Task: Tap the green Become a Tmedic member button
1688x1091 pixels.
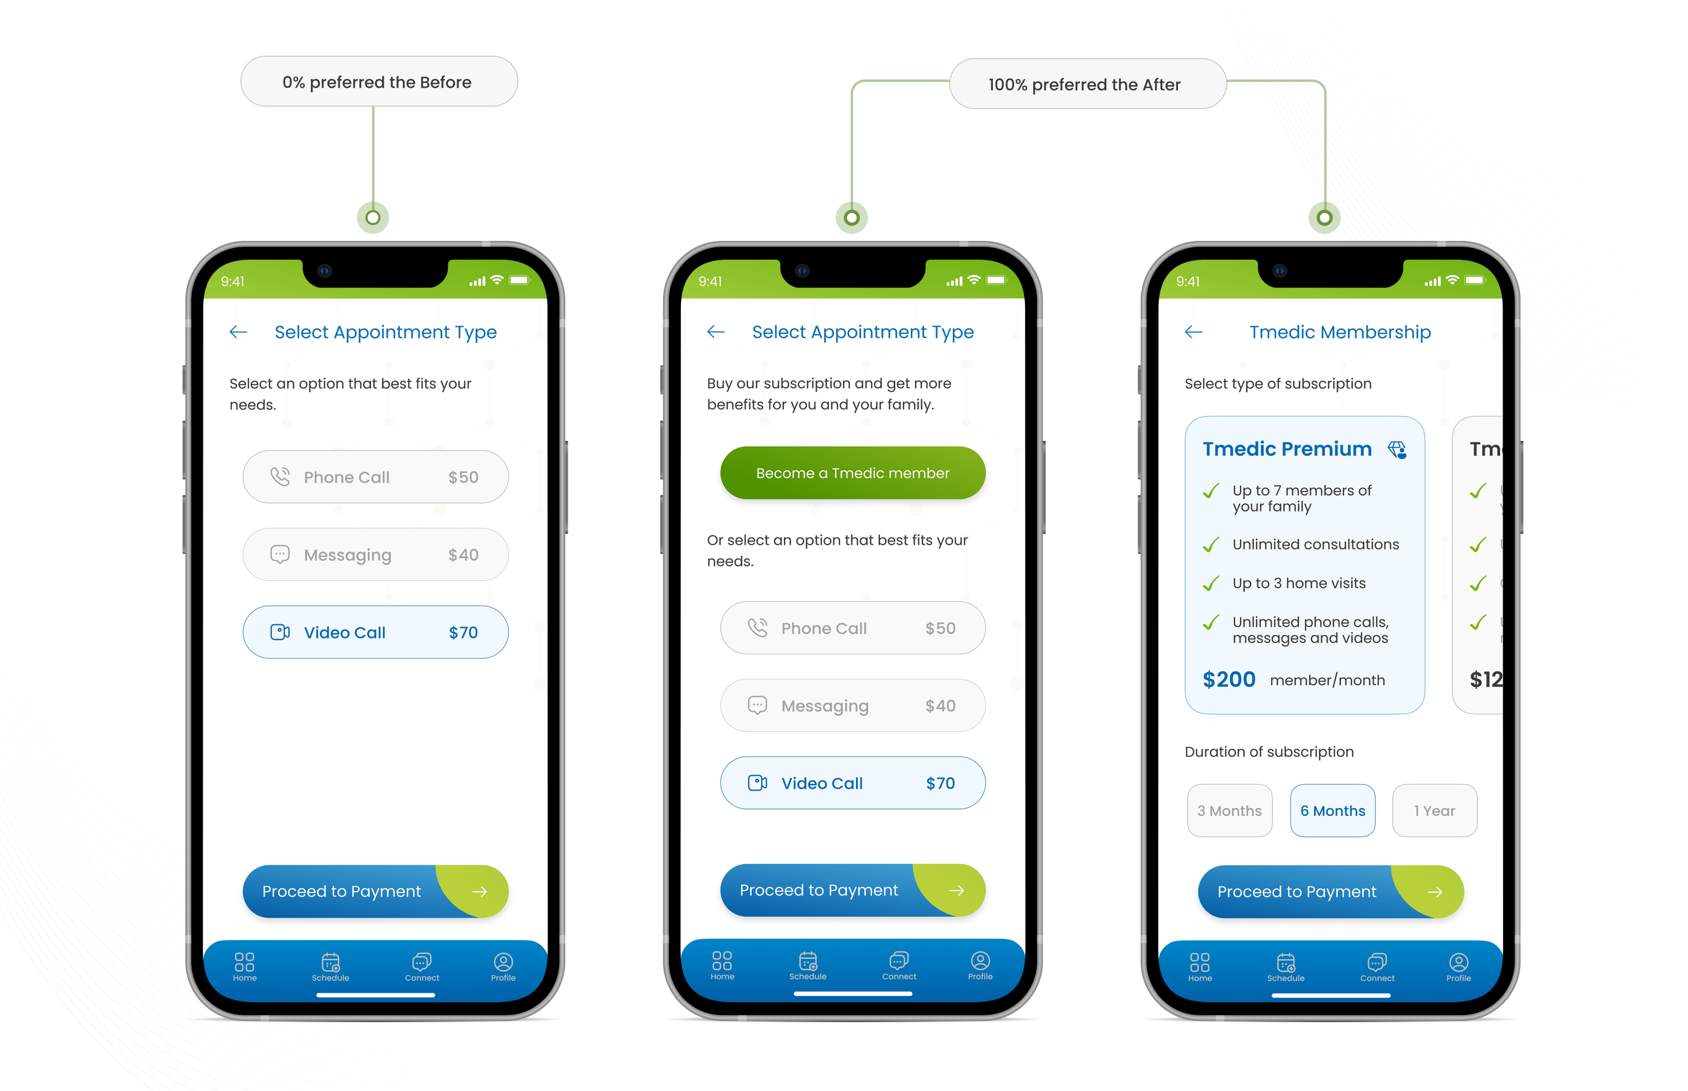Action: (x=852, y=473)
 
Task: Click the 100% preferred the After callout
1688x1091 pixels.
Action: (x=1087, y=84)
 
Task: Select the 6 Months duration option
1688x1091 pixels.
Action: (x=1332, y=810)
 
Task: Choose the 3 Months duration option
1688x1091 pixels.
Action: (x=1229, y=810)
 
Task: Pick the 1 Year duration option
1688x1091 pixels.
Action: (x=1434, y=810)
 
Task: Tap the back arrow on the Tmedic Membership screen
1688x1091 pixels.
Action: (x=1193, y=332)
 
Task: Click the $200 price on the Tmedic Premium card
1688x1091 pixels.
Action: (x=1229, y=679)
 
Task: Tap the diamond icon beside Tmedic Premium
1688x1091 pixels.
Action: (x=1397, y=450)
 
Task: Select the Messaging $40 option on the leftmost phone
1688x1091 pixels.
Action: (x=375, y=554)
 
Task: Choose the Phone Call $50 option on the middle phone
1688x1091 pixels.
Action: (x=852, y=629)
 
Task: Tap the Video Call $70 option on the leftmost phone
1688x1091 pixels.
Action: (x=375, y=632)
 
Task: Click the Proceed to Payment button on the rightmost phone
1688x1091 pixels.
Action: (x=1330, y=891)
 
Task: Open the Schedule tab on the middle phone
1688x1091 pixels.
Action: (x=808, y=962)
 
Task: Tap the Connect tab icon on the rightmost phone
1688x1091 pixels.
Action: (x=1377, y=963)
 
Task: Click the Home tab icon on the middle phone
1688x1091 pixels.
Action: (x=722, y=961)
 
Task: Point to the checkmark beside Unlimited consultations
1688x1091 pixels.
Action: (x=1211, y=545)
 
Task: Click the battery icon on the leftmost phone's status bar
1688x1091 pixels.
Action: (x=519, y=281)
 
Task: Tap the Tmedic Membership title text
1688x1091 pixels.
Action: (x=1340, y=332)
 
